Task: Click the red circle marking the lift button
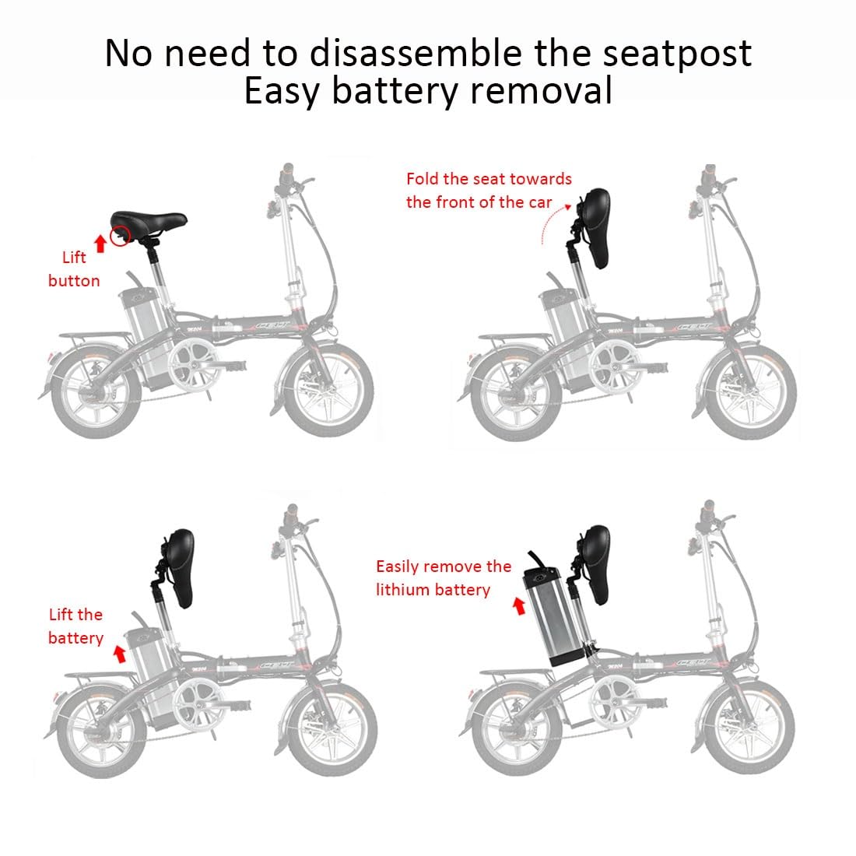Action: pyautogui.click(x=119, y=235)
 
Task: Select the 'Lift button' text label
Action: pyautogui.click(x=74, y=269)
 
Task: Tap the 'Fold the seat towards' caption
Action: pyautogui.click(x=489, y=179)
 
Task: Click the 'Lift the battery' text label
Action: pyautogui.click(x=75, y=626)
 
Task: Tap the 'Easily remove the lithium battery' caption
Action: pyautogui.click(x=444, y=577)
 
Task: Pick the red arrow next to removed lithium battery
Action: pyautogui.click(x=519, y=606)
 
